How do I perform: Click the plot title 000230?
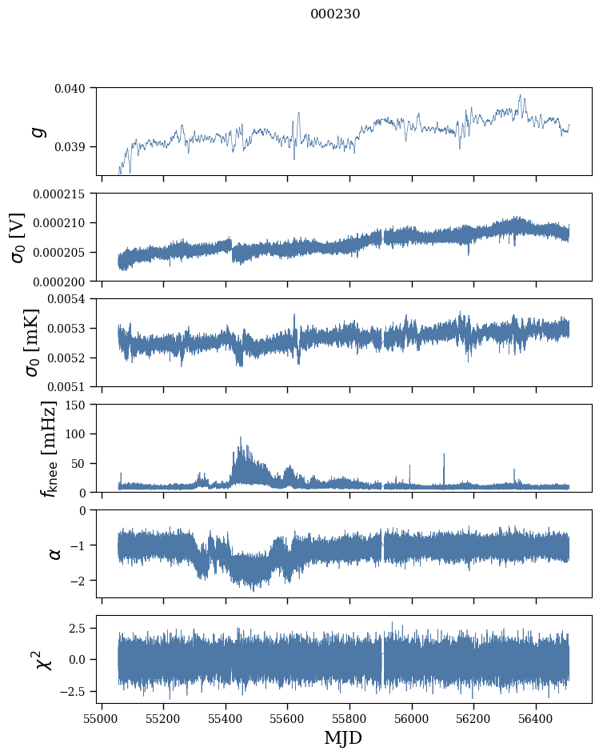click(335, 14)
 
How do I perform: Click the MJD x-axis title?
click(343, 738)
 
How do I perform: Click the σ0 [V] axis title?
click(18, 237)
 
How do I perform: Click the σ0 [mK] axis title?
click(18, 342)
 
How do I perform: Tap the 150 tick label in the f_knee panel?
click(79, 405)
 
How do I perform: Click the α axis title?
click(54, 553)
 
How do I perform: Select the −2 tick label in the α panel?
click(80, 581)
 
